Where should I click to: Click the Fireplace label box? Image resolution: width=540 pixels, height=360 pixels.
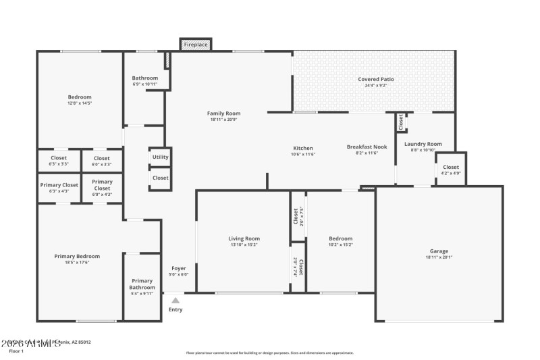[196, 45]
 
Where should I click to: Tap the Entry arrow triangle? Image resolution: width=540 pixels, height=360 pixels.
[175, 301]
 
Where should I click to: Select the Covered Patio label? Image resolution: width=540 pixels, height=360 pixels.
[376, 79]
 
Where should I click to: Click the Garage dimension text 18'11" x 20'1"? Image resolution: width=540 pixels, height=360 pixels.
[439, 257]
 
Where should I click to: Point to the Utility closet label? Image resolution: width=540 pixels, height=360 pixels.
[161, 157]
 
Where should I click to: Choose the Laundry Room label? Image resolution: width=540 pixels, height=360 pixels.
[423, 144]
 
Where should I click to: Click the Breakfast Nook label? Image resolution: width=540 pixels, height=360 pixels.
[367, 147]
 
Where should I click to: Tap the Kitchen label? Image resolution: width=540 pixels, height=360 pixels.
[303, 148]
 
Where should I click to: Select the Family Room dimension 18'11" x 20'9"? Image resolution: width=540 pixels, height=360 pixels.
[223, 120]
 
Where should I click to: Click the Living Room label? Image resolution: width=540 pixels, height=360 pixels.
[244, 238]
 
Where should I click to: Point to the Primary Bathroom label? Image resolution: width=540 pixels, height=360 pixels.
[142, 284]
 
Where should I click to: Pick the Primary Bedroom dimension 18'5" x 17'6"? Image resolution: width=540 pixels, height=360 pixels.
[77, 262]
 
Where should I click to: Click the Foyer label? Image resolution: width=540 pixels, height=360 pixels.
[178, 268]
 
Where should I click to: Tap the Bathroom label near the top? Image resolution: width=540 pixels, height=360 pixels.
[144, 78]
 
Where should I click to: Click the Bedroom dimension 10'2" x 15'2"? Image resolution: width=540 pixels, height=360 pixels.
[340, 245]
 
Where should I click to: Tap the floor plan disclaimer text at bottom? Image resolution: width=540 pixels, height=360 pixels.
[269, 353]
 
